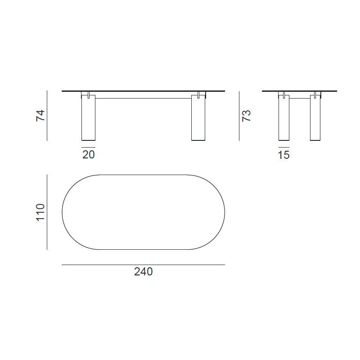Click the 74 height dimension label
[x=40, y=116]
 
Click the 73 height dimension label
[x=247, y=116]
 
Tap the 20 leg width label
[x=88, y=155]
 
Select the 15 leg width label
[x=284, y=155]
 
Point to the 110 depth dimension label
[x=40, y=212]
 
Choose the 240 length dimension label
[x=143, y=272]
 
